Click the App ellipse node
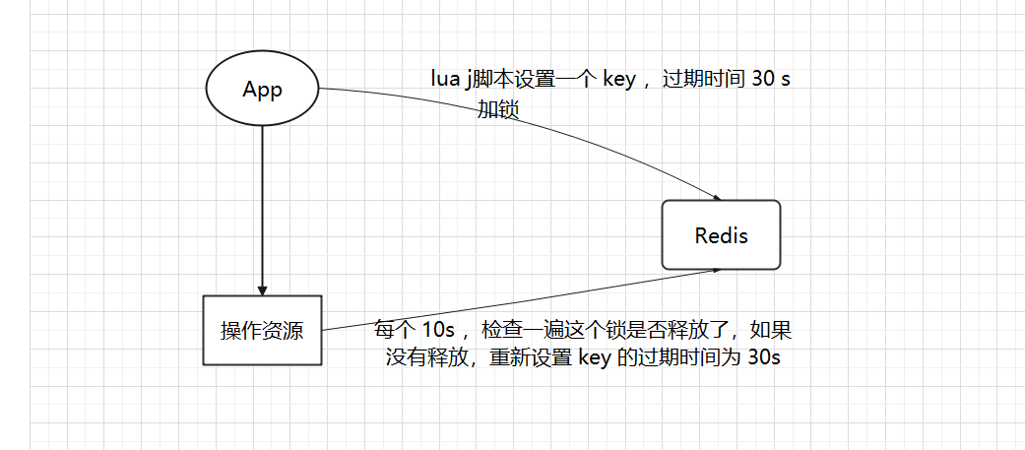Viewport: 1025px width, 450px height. click(x=262, y=90)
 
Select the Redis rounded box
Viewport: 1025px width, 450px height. click(x=721, y=235)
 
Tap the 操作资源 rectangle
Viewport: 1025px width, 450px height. click(x=262, y=331)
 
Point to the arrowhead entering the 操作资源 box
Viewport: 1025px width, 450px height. click(x=262, y=289)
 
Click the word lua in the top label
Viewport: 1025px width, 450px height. click(x=444, y=80)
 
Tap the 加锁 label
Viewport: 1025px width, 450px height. click(x=498, y=109)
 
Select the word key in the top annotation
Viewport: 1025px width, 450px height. click(x=618, y=80)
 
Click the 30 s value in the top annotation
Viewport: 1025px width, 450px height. click(x=770, y=80)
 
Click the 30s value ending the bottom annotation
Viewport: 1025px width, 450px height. click(x=763, y=357)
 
